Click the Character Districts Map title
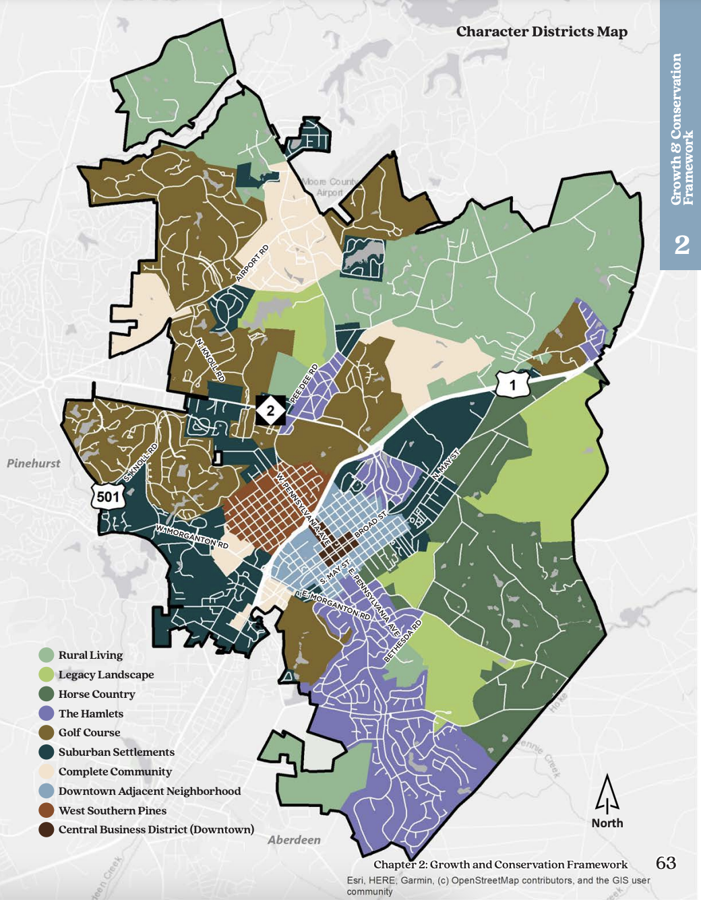[541, 32]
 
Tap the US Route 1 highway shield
[512, 385]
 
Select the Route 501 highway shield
[108, 497]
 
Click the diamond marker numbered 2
[270, 410]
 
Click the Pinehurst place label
[34, 463]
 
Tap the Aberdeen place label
[294, 839]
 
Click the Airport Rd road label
[253, 263]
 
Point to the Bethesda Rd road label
[403, 641]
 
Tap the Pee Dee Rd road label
[304, 385]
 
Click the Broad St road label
[371, 524]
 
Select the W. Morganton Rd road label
[192, 536]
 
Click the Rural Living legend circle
[47, 655]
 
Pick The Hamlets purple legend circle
[47, 713]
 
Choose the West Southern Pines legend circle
[47, 810]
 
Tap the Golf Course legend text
[89, 732]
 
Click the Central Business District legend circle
[47, 829]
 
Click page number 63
[665, 863]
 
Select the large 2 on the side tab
[681, 245]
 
